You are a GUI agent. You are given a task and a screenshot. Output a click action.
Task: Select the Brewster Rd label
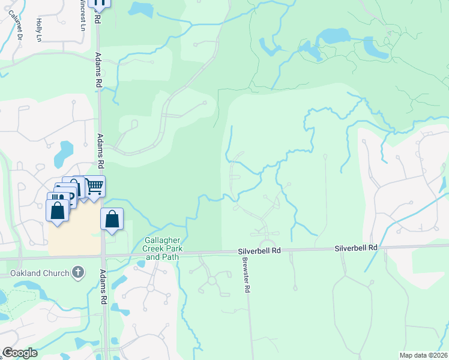pos(246,275)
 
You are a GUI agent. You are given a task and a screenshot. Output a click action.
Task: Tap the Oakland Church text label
pos(35,274)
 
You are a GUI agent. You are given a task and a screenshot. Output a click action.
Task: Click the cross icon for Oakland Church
pos(77,273)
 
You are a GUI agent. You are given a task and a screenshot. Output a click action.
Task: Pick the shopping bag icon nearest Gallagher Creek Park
pos(112,219)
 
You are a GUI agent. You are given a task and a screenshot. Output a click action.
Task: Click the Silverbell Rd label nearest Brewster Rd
pos(259,250)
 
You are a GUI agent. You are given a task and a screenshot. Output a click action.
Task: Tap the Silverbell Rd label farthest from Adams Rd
pos(356,247)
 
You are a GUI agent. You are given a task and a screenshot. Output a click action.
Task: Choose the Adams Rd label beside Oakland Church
pos(104,287)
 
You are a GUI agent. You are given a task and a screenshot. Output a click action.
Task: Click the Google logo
pos(19,353)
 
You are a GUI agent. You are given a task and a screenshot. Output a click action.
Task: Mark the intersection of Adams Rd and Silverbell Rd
pos(103,257)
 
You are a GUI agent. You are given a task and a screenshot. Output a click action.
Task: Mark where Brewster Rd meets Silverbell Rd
pos(242,253)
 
